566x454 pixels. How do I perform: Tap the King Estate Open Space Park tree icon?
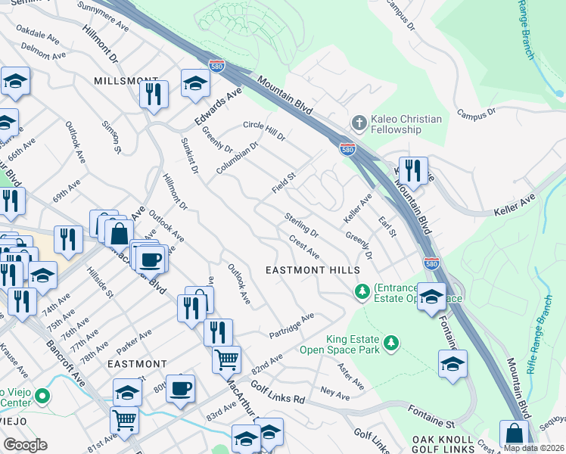pyautogui.click(x=391, y=344)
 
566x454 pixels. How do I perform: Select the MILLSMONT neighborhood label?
pyautogui.click(x=126, y=80)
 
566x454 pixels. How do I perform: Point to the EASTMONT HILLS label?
pyautogui.click(x=303, y=270)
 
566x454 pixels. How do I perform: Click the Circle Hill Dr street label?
pyautogui.click(x=263, y=130)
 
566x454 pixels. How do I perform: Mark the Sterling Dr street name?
pyautogui.click(x=301, y=225)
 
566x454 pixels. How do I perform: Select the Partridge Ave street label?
pyautogui.click(x=291, y=326)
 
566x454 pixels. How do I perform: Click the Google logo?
pyautogui.click(x=25, y=445)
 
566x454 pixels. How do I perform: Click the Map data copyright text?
pyautogui.click(x=533, y=448)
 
